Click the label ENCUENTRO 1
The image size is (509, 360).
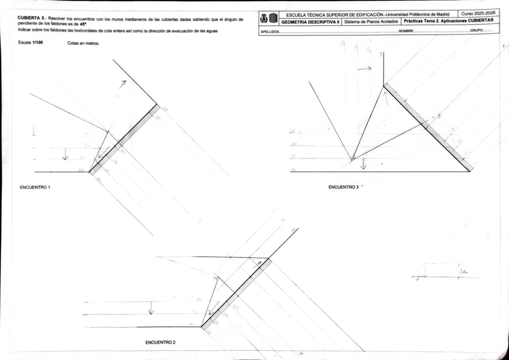(35, 187)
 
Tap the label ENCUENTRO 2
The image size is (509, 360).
(160, 342)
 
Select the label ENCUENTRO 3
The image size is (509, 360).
(343, 187)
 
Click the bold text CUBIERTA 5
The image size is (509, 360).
(32, 19)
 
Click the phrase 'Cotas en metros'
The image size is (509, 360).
(83, 43)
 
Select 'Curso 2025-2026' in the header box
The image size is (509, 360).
(478, 13)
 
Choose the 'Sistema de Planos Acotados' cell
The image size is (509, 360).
(370, 21)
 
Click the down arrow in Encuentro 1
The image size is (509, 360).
(65, 155)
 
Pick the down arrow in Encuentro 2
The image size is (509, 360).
(151, 308)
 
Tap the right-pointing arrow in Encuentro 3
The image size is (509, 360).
(365, 69)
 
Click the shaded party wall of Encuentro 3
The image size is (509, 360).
(428, 127)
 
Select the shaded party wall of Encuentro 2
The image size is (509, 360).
(236, 293)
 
